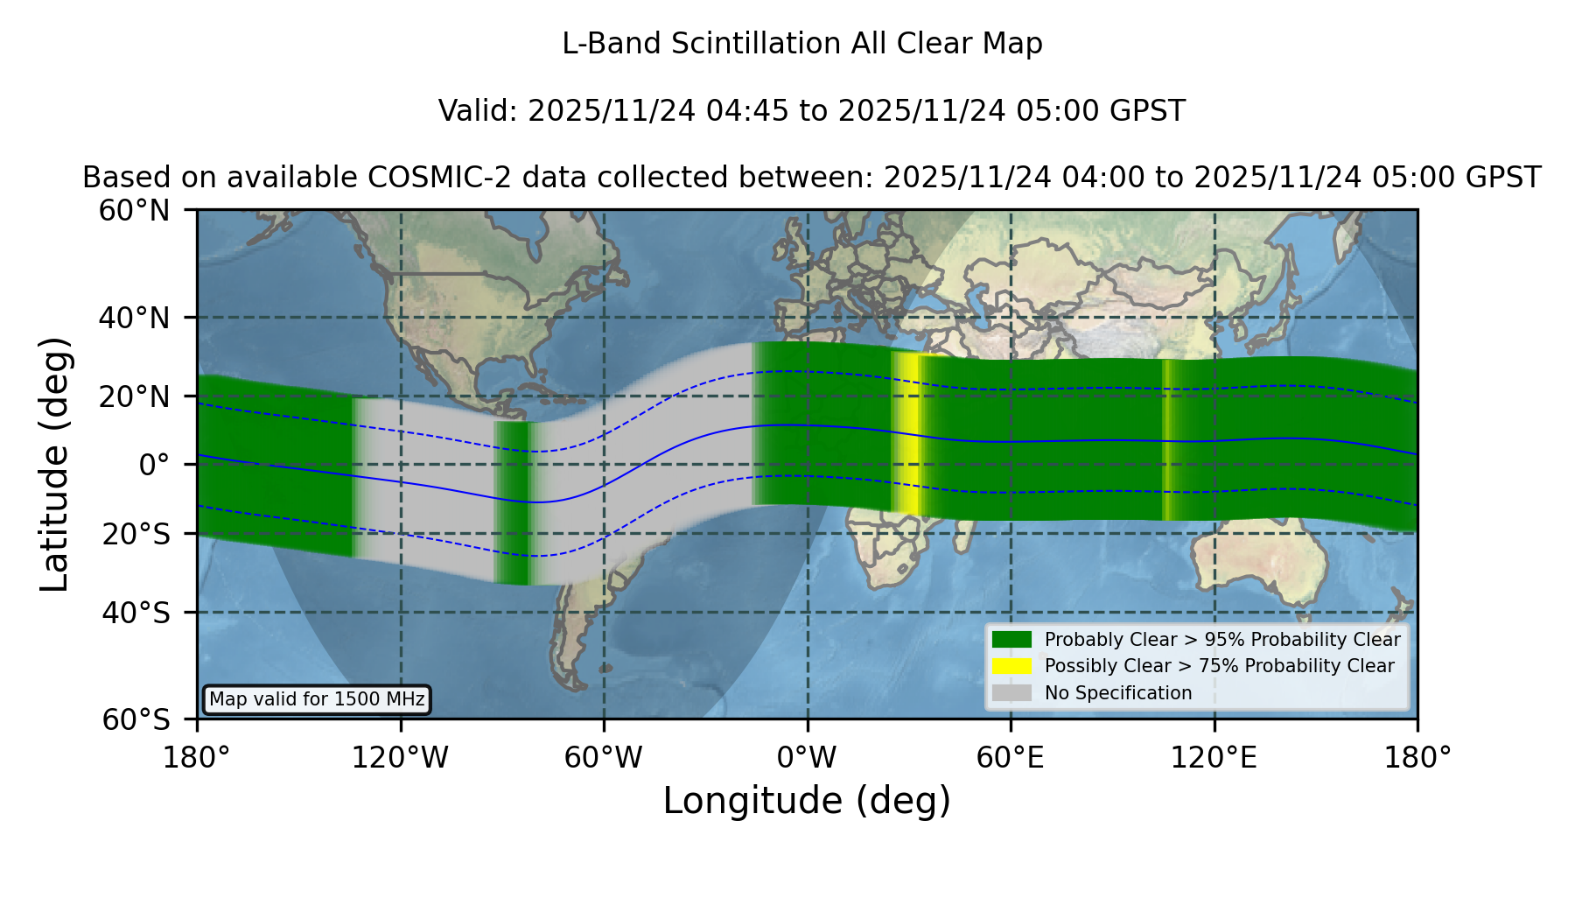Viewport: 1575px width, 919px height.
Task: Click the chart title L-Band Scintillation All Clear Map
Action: tap(801, 44)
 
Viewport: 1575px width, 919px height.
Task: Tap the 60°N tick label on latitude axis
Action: tap(135, 211)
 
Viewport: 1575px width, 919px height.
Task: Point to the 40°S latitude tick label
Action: tap(136, 613)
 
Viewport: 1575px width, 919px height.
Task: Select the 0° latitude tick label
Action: tap(154, 465)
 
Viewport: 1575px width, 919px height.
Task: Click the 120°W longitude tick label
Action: tap(400, 758)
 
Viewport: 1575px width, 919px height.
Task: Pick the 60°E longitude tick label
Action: tap(1011, 758)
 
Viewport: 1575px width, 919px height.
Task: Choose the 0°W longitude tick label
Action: tap(808, 758)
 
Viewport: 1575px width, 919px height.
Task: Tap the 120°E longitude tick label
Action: tap(1214, 758)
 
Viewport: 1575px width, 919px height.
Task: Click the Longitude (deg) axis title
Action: tap(807, 801)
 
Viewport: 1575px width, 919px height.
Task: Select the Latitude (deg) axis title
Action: tap(55, 464)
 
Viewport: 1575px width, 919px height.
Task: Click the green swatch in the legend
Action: tap(1012, 639)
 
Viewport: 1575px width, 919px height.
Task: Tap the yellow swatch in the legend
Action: tap(1012, 666)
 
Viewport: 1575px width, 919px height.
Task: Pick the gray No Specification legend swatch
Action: tap(1012, 693)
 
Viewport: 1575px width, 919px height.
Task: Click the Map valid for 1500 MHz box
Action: tap(317, 699)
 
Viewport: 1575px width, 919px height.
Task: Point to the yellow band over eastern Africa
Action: tap(909, 434)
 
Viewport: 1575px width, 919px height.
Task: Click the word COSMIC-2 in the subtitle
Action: tap(425, 178)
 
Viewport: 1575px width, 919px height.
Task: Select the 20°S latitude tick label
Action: tap(136, 533)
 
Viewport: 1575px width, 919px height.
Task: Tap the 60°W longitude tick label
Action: tap(604, 758)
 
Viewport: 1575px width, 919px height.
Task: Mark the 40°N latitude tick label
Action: tap(135, 318)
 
